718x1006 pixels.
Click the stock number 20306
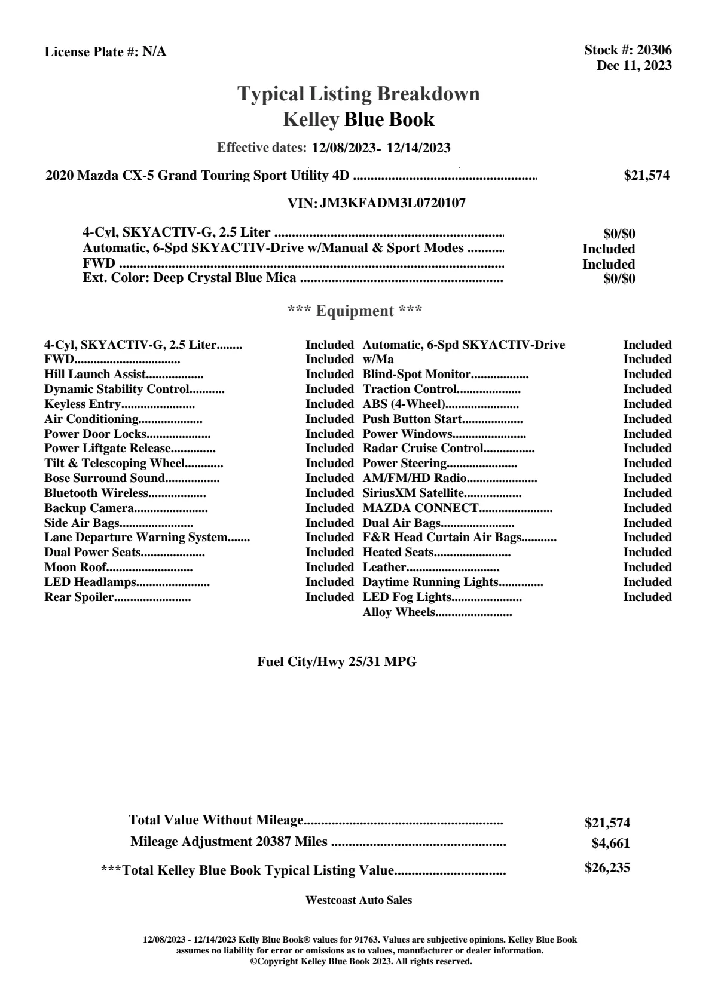(654, 51)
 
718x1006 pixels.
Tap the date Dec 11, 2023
(634, 66)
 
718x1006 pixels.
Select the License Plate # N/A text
(105, 52)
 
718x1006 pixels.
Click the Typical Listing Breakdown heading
(359, 94)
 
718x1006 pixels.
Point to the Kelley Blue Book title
(359, 119)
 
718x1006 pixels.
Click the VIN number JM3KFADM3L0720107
(393, 203)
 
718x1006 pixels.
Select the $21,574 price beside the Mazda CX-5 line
(646, 176)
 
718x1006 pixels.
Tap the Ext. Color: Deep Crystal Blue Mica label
(190, 278)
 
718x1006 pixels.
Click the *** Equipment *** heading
(355, 311)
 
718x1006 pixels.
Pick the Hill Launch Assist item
(95, 375)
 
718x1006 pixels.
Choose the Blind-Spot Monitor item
(417, 375)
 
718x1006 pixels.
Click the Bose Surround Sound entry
(104, 479)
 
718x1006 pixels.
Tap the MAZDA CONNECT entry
(420, 508)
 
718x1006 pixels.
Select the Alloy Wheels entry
(399, 612)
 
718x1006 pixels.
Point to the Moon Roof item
(75, 568)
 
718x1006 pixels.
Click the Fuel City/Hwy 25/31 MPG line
(337, 662)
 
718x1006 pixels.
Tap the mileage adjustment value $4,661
(610, 844)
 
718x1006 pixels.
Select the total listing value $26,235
(607, 868)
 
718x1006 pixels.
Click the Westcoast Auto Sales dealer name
(359, 900)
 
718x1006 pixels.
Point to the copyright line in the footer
(361, 962)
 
